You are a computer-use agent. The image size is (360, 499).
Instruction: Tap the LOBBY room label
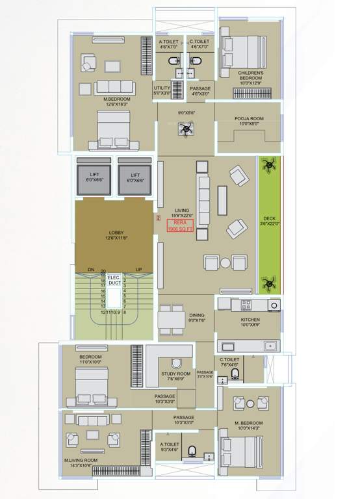tap(115, 235)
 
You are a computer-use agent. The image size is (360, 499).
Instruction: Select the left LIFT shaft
tap(95, 178)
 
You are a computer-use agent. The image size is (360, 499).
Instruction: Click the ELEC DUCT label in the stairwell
tap(114, 280)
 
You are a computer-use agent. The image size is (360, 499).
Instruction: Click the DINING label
tap(197, 318)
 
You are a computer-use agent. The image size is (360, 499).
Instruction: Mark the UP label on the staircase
tap(138, 269)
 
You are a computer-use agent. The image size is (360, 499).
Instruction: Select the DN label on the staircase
tap(91, 269)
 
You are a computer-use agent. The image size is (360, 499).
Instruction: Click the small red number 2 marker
tap(157, 218)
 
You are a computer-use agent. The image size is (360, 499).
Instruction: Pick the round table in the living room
tap(224, 262)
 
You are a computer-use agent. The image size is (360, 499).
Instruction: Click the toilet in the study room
tap(174, 363)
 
